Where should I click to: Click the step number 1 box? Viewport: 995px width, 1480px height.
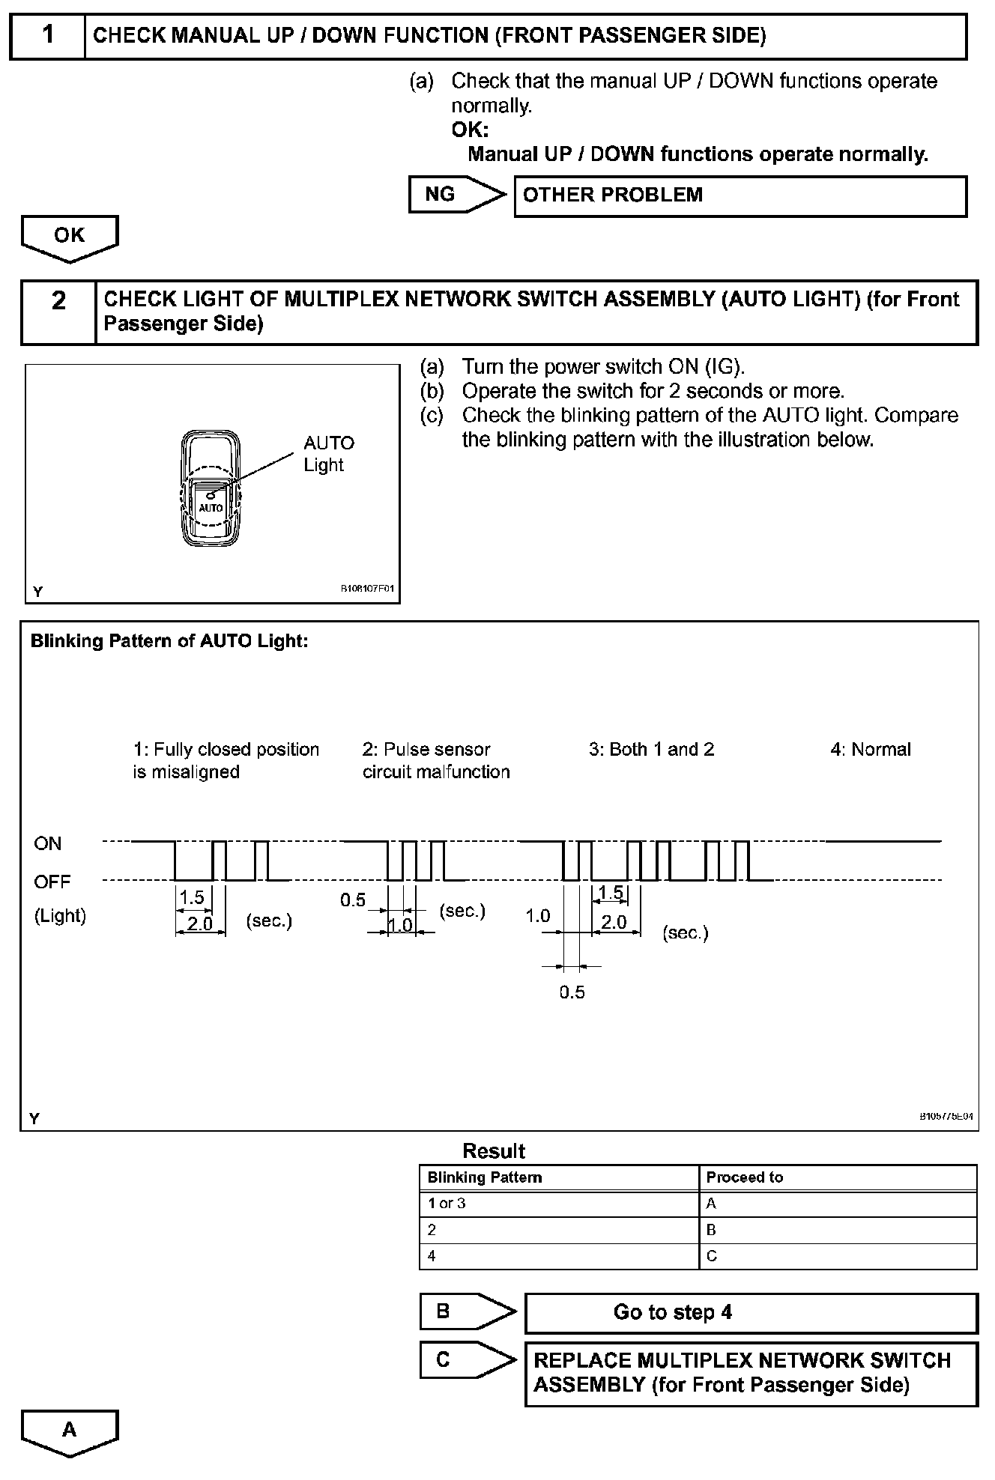click(x=48, y=35)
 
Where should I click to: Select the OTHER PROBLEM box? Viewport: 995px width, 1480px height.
click(x=740, y=195)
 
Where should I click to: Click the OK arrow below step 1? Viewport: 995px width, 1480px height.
click(x=70, y=237)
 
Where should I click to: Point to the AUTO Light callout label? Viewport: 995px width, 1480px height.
click(x=328, y=454)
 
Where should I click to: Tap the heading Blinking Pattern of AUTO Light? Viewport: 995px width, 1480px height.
click(x=169, y=641)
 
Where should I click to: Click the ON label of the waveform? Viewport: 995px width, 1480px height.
click(x=47, y=843)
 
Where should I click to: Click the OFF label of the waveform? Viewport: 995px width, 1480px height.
click(x=52, y=882)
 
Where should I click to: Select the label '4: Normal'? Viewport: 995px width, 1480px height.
click(x=870, y=750)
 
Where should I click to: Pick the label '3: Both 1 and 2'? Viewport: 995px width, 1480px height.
click(x=651, y=750)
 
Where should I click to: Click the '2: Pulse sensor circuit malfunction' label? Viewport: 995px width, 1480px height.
click(x=436, y=760)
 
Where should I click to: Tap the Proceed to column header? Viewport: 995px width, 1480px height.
click(x=744, y=1177)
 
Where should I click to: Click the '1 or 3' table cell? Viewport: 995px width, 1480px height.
click(x=447, y=1204)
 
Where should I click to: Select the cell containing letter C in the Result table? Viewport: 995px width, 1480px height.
click(x=711, y=1256)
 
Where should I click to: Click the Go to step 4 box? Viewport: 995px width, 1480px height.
click(x=751, y=1312)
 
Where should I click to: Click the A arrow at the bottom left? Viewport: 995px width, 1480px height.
click(x=70, y=1431)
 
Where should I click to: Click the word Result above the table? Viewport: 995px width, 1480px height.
click(x=494, y=1151)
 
